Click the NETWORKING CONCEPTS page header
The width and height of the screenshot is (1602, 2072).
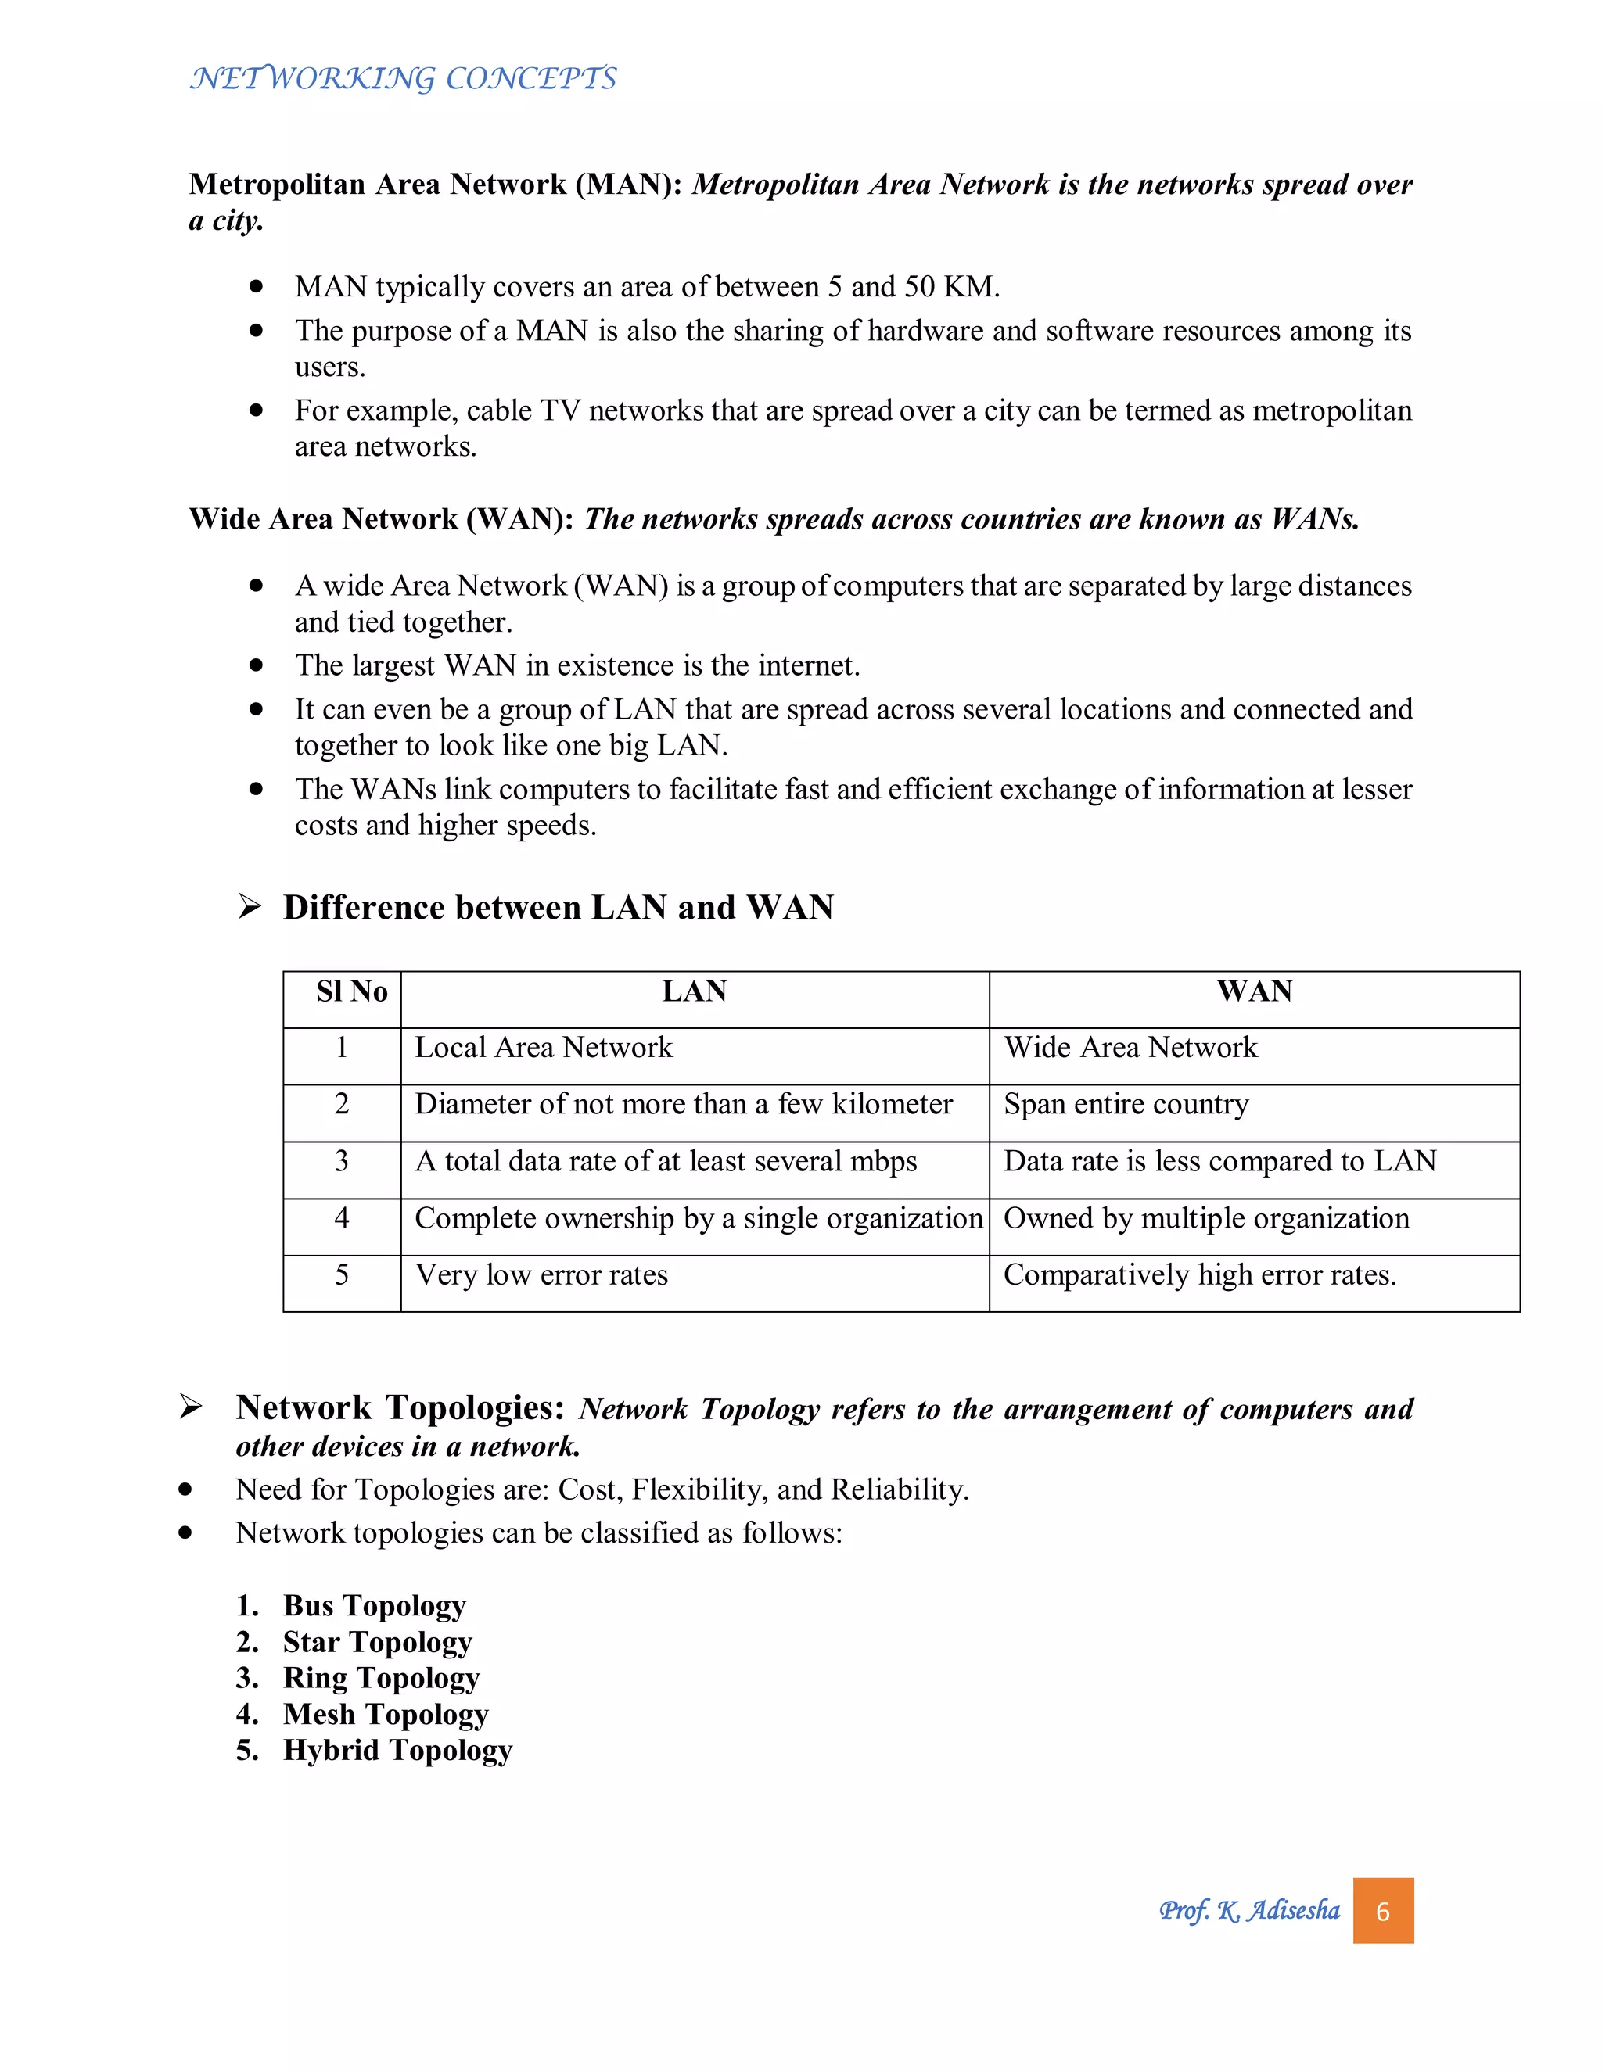tap(404, 77)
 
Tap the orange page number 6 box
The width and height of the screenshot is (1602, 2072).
tap(1383, 1911)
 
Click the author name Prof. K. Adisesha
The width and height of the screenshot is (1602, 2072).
tap(1249, 1911)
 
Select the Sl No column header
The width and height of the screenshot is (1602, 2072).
tap(351, 991)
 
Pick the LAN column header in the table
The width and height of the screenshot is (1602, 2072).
tap(694, 991)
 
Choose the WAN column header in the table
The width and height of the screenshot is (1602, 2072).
tap(1254, 991)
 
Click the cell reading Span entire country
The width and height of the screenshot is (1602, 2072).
tap(1126, 1104)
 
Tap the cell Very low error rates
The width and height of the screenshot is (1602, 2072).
tap(541, 1275)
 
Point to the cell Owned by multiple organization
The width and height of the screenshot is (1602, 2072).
tap(1206, 1218)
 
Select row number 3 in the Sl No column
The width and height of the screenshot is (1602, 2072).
tap(342, 1161)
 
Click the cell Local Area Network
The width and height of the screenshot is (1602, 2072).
tap(543, 1048)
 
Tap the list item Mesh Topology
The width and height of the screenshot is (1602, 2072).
tap(386, 1715)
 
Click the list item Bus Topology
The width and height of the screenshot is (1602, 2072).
tap(374, 1605)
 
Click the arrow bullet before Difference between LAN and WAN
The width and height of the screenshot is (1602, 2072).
tap(250, 907)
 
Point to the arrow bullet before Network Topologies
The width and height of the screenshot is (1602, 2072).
tap(191, 1407)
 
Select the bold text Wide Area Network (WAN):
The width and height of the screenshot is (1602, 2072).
tap(381, 519)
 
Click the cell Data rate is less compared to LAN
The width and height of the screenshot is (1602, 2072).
tap(1219, 1161)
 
